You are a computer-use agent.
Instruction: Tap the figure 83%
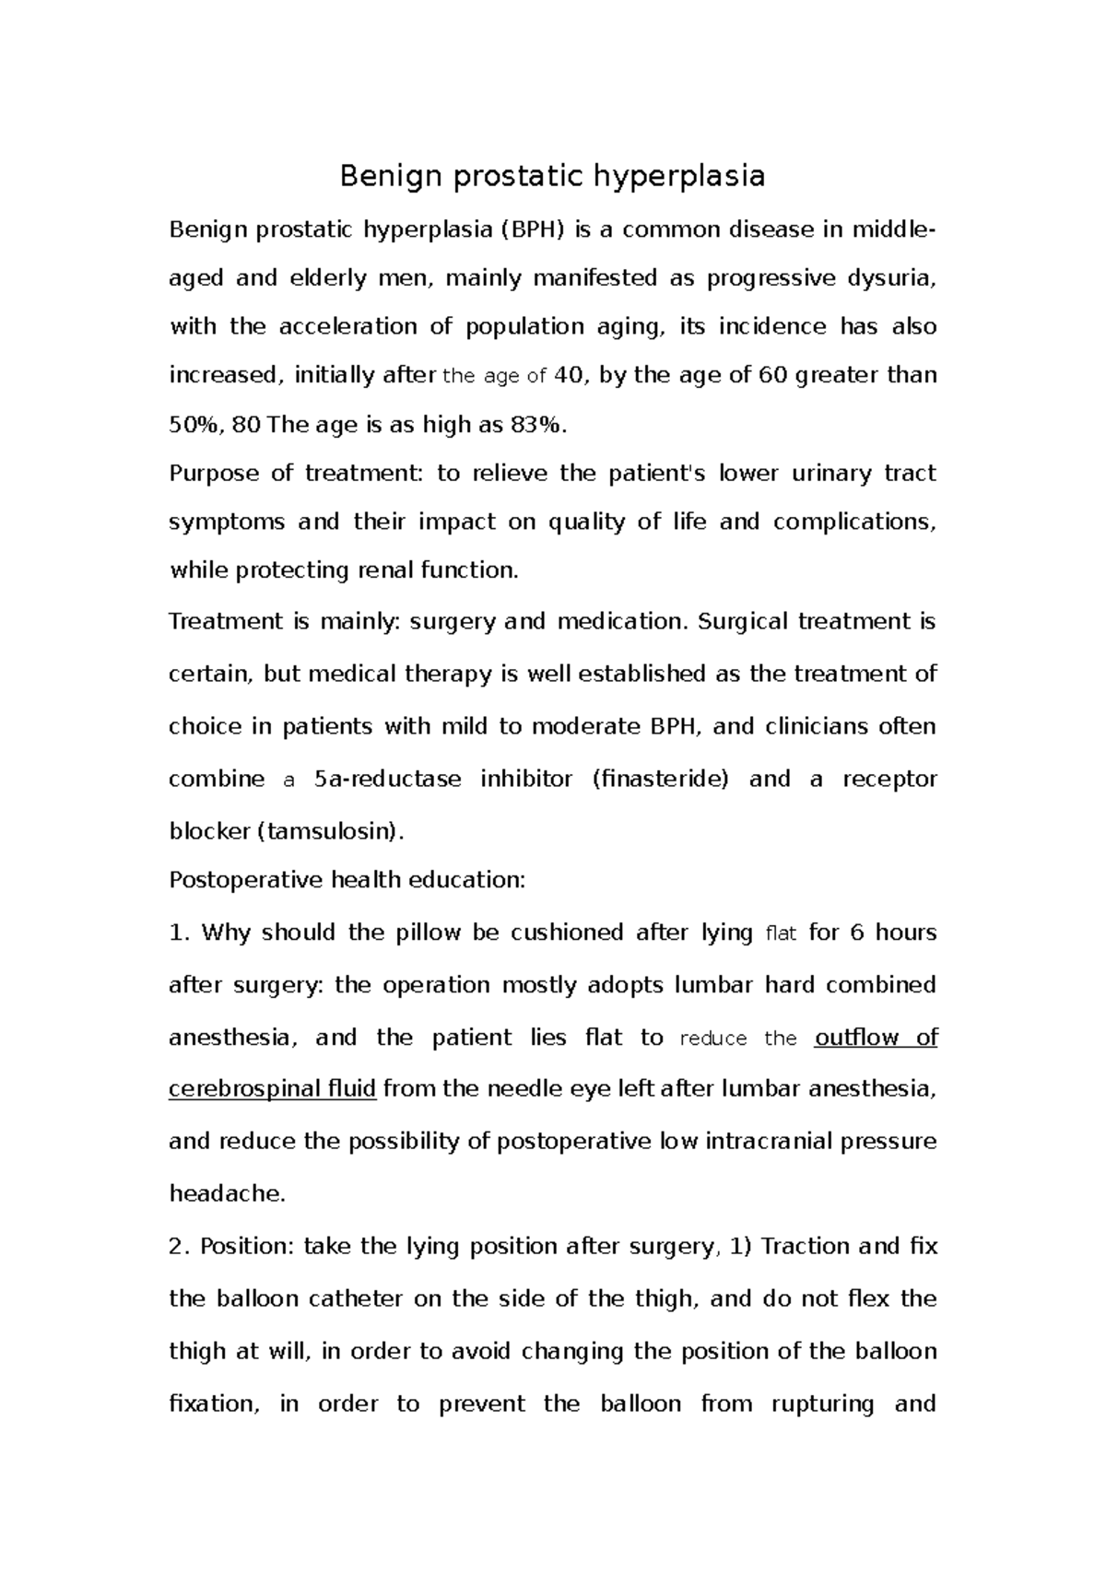click(539, 425)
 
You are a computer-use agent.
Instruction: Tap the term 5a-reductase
click(388, 780)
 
